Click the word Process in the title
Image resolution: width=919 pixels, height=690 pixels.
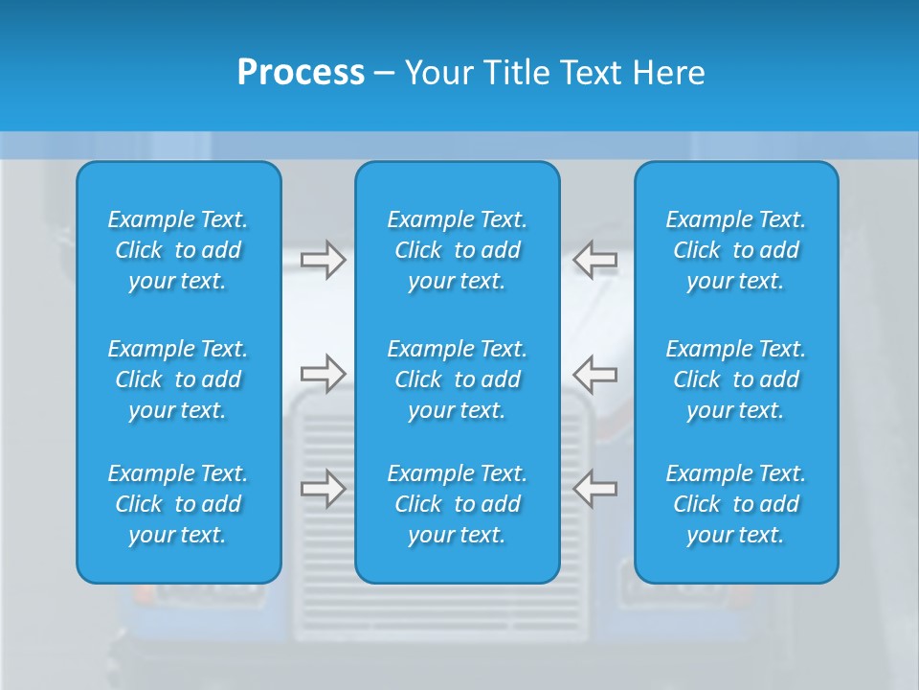tap(301, 73)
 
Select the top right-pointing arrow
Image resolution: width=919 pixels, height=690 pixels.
tap(323, 260)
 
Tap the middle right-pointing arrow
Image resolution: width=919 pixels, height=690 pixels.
tap(323, 374)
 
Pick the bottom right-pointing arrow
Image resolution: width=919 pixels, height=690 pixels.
tap(323, 489)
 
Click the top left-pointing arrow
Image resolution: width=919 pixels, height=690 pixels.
tap(594, 260)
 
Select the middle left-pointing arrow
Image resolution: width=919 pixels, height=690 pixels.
tap(594, 374)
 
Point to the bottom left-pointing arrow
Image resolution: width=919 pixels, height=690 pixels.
tap(594, 489)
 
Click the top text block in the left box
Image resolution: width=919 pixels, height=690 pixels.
tap(178, 250)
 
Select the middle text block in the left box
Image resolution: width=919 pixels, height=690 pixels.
tap(178, 379)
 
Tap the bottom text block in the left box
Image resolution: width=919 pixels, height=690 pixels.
tap(178, 504)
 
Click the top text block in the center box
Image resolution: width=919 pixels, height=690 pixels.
tap(458, 250)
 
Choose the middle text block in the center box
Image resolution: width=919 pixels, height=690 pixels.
tap(458, 379)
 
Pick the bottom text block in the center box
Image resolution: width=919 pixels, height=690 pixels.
tap(458, 504)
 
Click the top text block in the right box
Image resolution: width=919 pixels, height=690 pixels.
tap(736, 250)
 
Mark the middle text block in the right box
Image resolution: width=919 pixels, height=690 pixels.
tap(736, 379)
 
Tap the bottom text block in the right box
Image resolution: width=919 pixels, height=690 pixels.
tap(736, 504)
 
